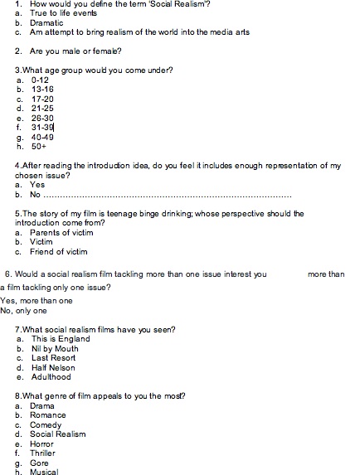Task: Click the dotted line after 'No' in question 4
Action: (x=166, y=196)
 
